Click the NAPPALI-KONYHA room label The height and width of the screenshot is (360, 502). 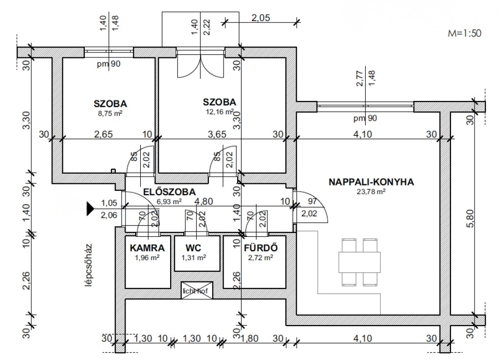click(371, 181)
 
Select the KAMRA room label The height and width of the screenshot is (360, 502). click(144, 248)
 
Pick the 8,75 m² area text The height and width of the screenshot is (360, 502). click(111, 112)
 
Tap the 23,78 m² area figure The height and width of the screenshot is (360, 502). click(371, 192)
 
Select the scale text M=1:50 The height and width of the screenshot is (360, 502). click(465, 33)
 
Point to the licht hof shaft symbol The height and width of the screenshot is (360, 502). click(197, 290)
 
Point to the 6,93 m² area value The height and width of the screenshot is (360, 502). click(170, 201)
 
